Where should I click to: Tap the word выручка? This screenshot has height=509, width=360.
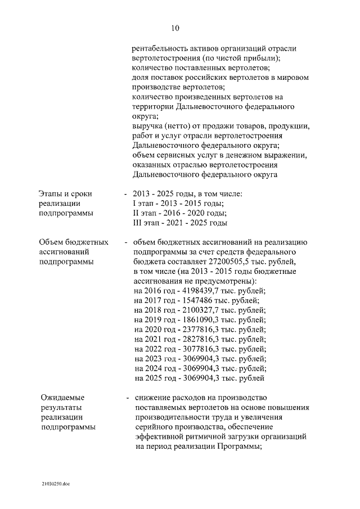[x=146, y=126]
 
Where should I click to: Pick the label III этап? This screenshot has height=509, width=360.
[x=145, y=223]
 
